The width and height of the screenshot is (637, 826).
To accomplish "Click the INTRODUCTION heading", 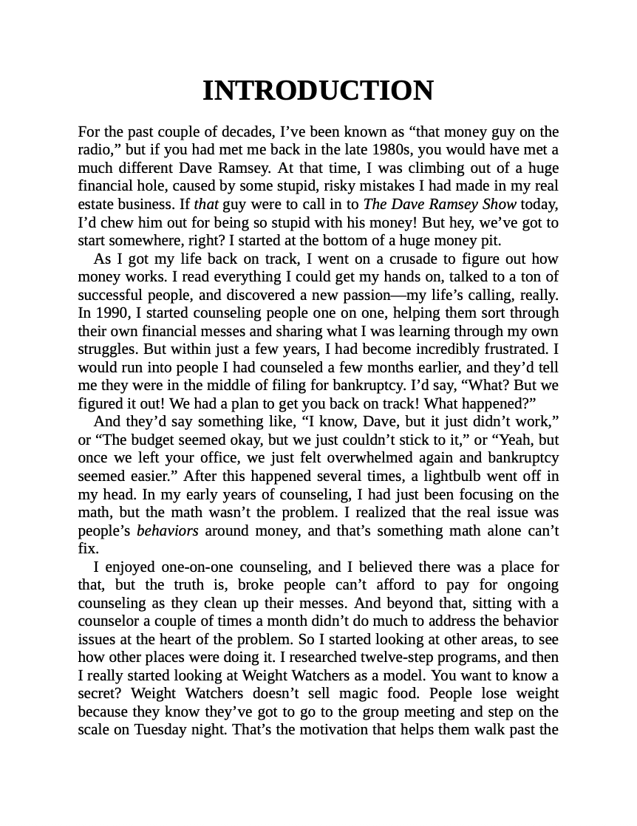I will click(x=318, y=91).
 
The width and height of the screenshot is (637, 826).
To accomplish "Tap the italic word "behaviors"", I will click(x=168, y=531).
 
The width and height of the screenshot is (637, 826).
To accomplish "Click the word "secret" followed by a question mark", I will click(x=98, y=694).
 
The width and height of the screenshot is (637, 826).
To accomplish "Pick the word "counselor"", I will click(x=111, y=621).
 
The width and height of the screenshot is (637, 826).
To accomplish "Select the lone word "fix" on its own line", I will click(x=86, y=549).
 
